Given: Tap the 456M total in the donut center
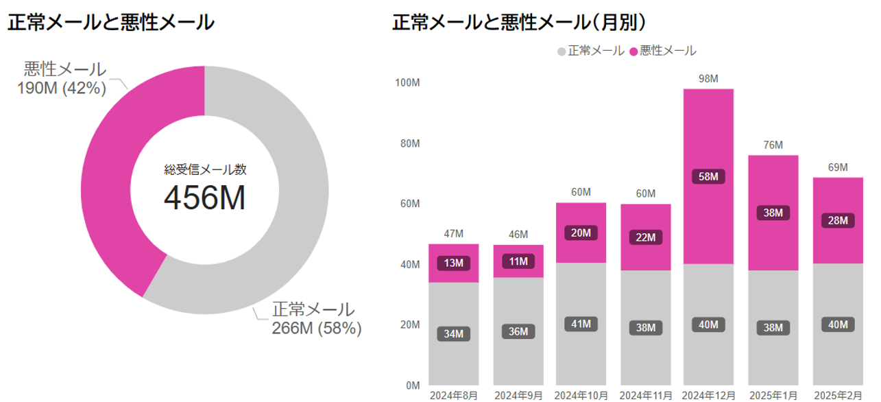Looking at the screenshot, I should (204, 198).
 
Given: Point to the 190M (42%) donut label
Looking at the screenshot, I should (65, 88).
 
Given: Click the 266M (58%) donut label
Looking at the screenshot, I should (317, 329).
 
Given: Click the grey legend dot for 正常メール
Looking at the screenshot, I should (562, 51).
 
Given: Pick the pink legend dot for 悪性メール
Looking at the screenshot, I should (633, 51).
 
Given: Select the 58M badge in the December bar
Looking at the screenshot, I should (708, 177).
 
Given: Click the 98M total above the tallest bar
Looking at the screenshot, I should (708, 79).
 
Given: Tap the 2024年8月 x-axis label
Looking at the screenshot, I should (454, 396).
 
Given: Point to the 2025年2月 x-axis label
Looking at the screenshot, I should (838, 396).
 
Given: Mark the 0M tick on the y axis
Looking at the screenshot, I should (413, 386).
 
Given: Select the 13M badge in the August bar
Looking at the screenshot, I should (454, 263).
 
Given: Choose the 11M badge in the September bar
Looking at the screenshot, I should (518, 261).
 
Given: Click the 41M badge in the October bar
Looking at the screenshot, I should (581, 324).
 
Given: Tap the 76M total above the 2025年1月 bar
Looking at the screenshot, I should (773, 145).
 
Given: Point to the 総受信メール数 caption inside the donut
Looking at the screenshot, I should (204, 169).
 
